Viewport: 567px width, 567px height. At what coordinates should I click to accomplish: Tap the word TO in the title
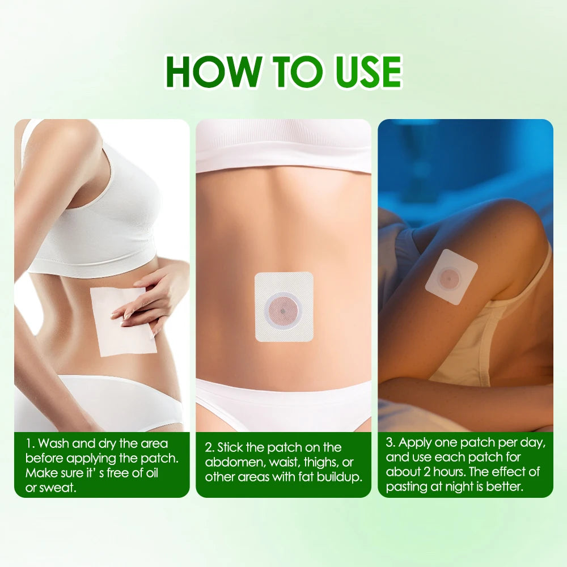[x=289, y=71]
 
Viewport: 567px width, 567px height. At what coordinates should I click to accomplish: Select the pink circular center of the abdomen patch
[x=283, y=309]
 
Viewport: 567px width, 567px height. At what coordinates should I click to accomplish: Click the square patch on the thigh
[x=451, y=276]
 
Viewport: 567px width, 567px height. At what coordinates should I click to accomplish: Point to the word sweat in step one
[x=58, y=488]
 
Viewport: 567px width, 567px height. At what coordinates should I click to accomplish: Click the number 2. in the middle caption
[x=210, y=447]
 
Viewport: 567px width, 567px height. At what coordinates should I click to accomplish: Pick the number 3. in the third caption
[x=391, y=442]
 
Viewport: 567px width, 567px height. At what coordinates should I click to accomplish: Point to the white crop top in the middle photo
[x=283, y=145]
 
